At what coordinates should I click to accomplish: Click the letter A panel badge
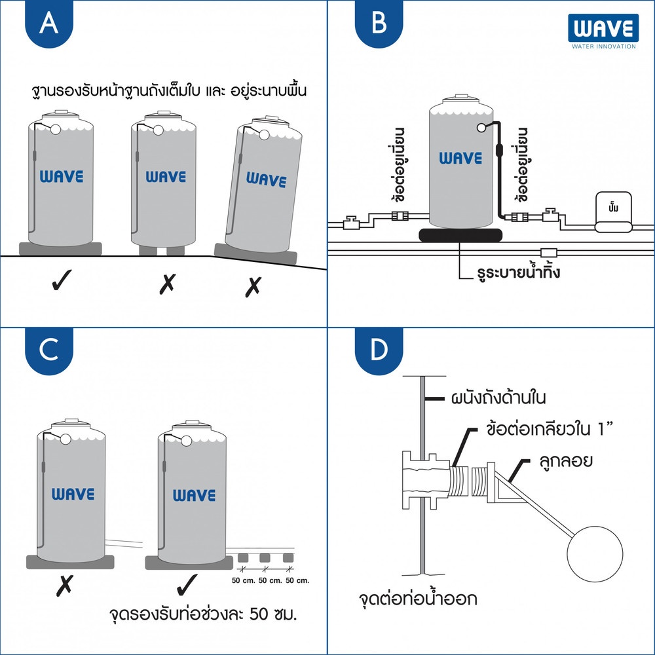click(47, 25)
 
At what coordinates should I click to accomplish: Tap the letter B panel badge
click(379, 25)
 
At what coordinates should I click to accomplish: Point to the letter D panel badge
click(379, 352)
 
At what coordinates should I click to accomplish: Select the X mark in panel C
click(64, 584)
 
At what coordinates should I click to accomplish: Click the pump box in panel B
click(614, 213)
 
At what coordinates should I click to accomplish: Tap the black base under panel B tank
click(461, 234)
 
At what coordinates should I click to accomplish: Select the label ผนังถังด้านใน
click(498, 398)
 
